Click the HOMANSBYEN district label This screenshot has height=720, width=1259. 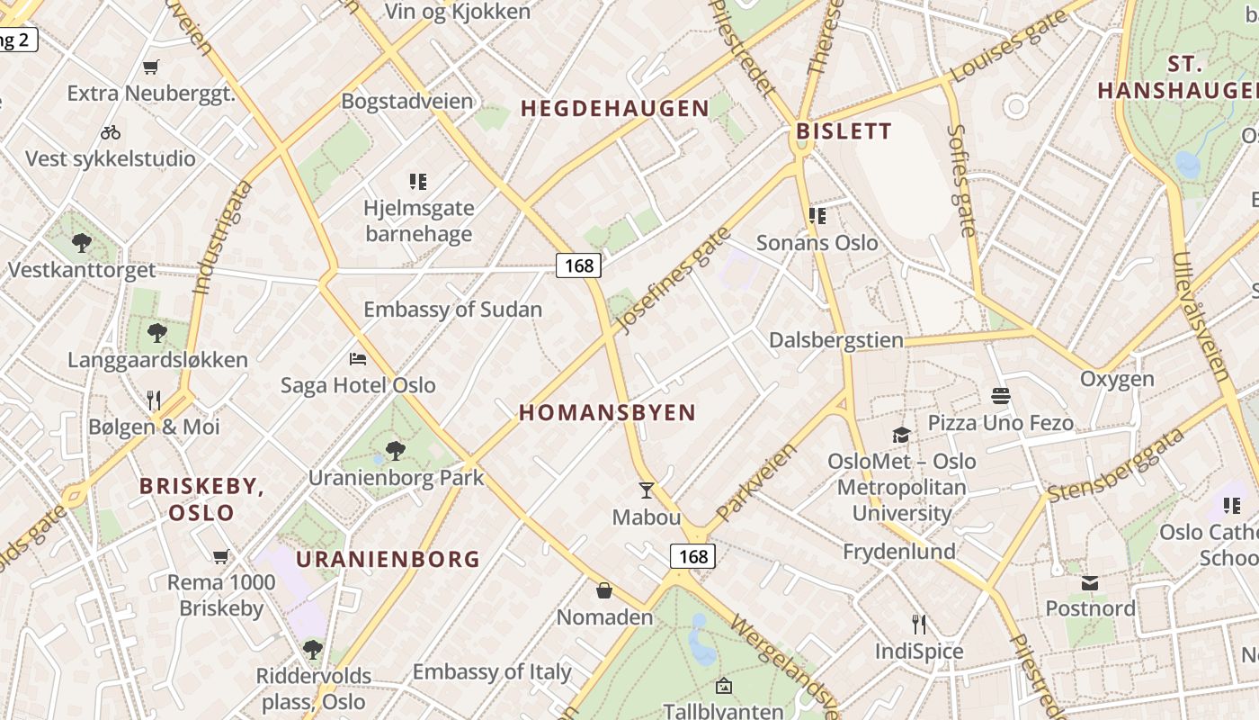(608, 413)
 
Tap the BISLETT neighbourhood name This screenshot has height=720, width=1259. (844, 131)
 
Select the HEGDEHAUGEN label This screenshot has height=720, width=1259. (615, 109)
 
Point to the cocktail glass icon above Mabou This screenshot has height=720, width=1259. (646, 490)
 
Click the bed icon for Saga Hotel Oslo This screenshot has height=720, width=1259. (358, 359)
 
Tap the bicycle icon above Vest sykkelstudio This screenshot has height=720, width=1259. (111, 132)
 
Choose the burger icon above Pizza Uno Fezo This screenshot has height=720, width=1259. (1000, 396)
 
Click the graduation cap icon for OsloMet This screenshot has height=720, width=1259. (901, 436)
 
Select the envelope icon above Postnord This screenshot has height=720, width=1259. (1090, 583)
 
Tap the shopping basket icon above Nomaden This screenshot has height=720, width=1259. (604, 590)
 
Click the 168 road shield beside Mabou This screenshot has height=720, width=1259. (693, 556)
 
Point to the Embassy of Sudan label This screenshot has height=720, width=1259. (452, 310)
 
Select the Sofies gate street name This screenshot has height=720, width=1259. (961, 180)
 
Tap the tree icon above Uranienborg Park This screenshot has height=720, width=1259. (395, 451)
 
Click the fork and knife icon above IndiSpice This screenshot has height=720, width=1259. (918, 625)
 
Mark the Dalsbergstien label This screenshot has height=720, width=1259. (835, 340)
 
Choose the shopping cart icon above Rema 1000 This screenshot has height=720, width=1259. (220, 557)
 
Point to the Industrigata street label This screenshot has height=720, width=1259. (221, 237)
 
